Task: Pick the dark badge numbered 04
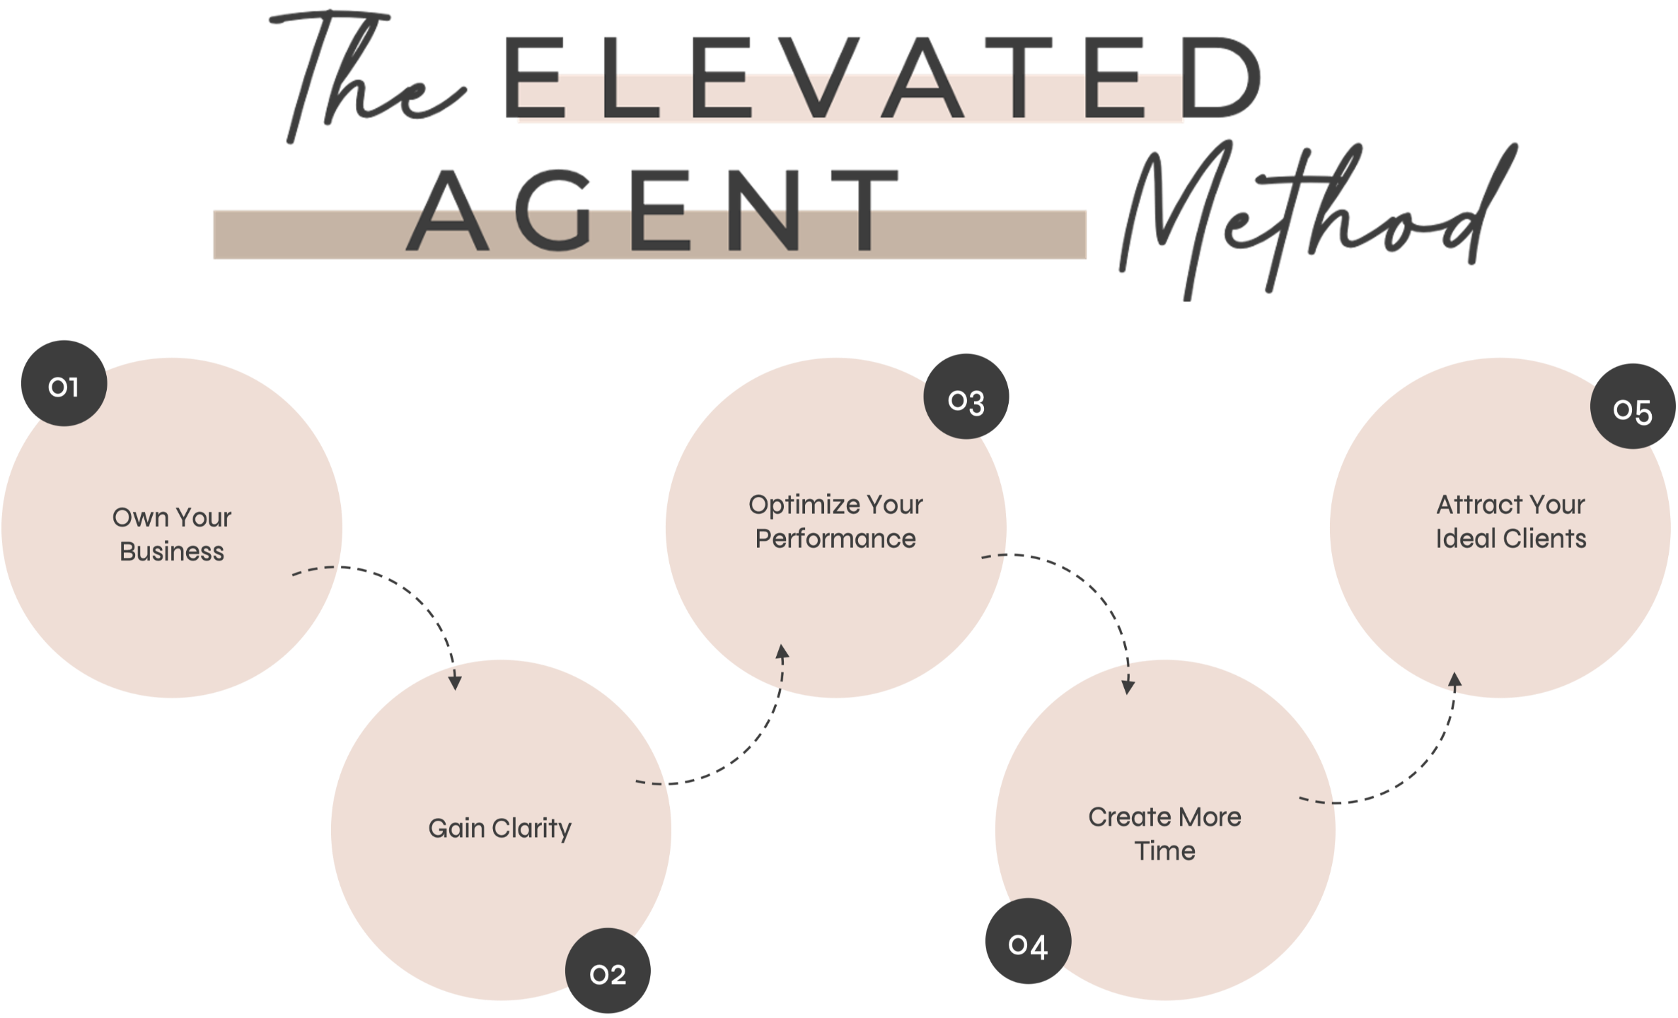[1028, 943]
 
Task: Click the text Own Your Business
[172, 534]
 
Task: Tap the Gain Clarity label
[499, 828]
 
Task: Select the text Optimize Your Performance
[835, 522]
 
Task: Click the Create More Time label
[1164, 833]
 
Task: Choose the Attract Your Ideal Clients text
[1510, 522]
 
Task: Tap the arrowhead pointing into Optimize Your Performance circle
[782, 652]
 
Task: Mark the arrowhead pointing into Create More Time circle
[1128, 686]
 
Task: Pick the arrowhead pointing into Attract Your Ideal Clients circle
[1454, 680]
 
